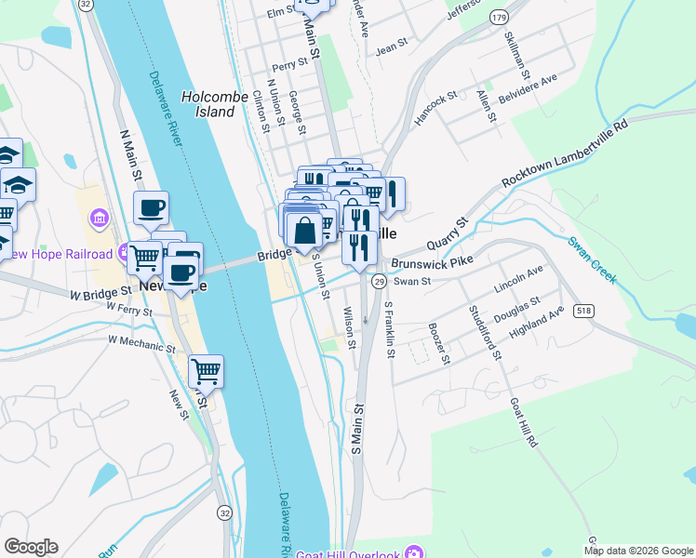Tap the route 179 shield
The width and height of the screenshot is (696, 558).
[x=500, y=18]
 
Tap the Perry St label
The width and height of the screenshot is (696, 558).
[x=289, y=66]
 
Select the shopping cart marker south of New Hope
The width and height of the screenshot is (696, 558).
[x=206, y=372]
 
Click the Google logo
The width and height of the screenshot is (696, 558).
[x=31, y=547]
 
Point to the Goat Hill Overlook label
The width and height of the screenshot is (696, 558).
[x=359, y=554]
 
